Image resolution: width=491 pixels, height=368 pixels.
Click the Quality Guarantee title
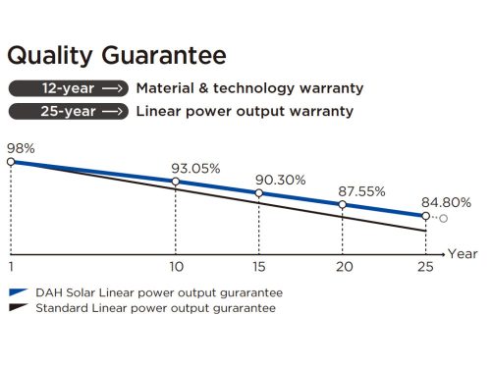[117, 55]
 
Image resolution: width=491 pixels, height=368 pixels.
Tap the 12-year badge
[67, 88]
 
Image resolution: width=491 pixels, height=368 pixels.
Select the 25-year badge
[67, 111]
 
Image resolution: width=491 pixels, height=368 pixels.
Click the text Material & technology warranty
[249, 88]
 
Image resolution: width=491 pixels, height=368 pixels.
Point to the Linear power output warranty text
[245, 111]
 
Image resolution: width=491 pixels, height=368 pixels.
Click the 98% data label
[22, 147]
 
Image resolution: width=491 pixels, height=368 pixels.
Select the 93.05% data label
[198, 168]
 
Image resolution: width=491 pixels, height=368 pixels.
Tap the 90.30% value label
[281, 181]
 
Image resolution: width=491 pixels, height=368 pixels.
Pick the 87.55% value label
[361, 191]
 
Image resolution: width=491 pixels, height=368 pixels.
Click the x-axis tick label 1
[11, 266]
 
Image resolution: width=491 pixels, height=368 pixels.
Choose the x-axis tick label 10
[176, 266]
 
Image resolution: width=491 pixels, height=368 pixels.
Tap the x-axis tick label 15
[259, 266]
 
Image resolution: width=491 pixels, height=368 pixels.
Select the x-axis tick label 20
[342, 266]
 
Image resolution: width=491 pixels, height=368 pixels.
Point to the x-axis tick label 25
[424, 266]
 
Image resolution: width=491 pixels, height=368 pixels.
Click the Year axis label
[463, 253]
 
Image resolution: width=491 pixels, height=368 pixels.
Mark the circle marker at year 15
[259, 193]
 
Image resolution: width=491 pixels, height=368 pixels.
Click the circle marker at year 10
[176, 182]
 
